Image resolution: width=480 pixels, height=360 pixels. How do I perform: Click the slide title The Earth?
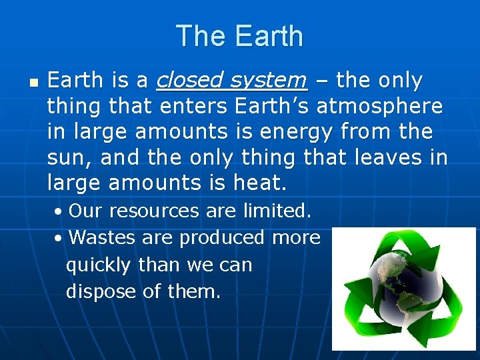pos(239,36)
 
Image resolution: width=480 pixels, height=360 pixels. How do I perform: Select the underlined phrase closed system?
pos(231,81)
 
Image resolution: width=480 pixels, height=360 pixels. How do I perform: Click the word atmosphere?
pos(379,106)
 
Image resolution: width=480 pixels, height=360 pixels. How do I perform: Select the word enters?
pos(195,106)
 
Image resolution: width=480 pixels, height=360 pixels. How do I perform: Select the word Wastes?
pos(100,237)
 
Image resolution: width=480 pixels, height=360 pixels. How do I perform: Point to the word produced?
pos(224,237)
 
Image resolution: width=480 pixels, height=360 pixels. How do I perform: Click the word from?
pos(371,131)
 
